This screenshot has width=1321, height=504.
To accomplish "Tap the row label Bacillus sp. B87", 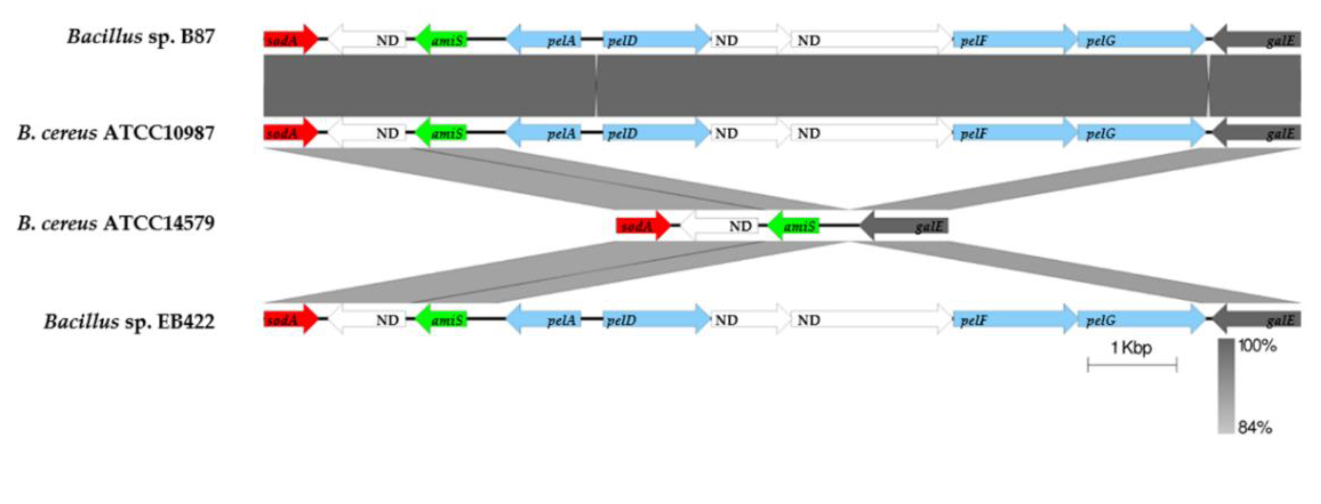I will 140,37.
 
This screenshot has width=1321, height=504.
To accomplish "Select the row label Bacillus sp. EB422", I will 129,322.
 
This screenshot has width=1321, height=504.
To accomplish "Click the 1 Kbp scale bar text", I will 1131,348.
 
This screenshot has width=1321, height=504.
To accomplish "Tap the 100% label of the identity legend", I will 1258,346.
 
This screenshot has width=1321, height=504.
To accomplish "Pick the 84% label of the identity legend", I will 1255,427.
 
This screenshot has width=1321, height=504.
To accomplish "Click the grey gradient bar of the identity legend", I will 1226,386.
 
